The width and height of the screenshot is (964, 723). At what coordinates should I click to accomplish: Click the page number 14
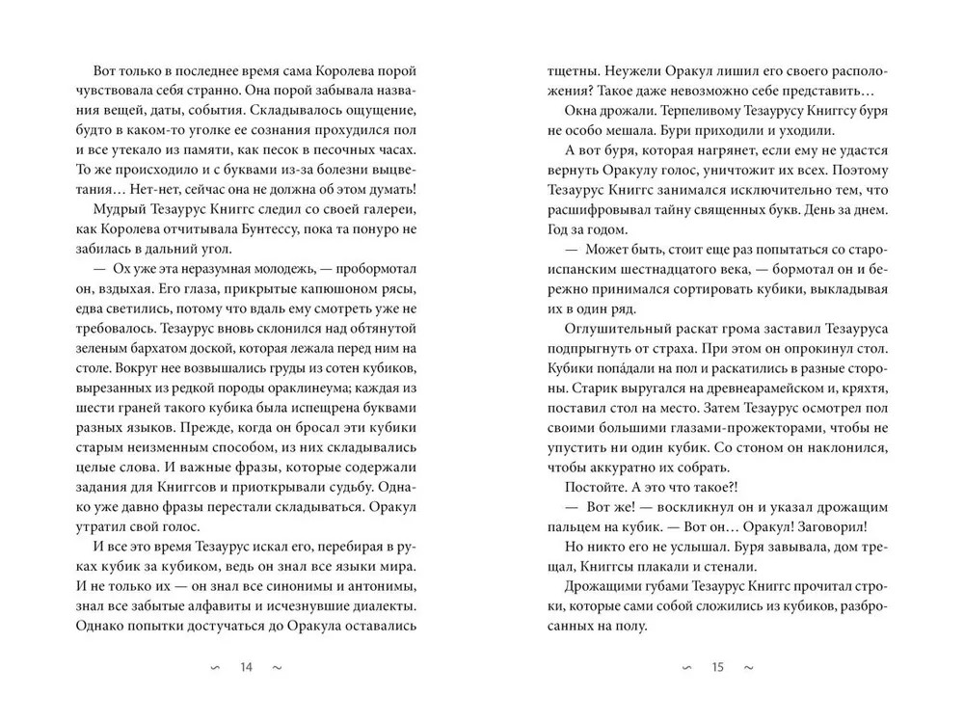click(x=245, y=666)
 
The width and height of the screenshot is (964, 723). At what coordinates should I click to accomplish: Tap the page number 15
click(x=717, y=666)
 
